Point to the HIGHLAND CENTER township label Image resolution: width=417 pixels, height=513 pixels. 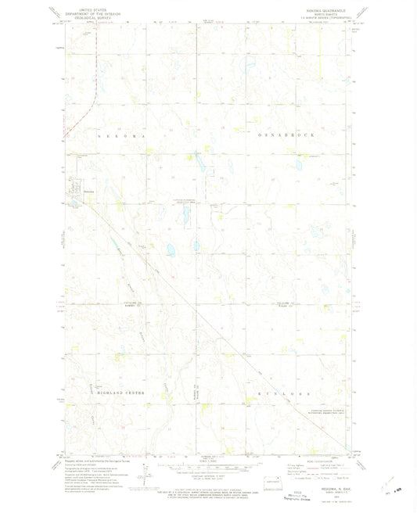click(x=102, y=388)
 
